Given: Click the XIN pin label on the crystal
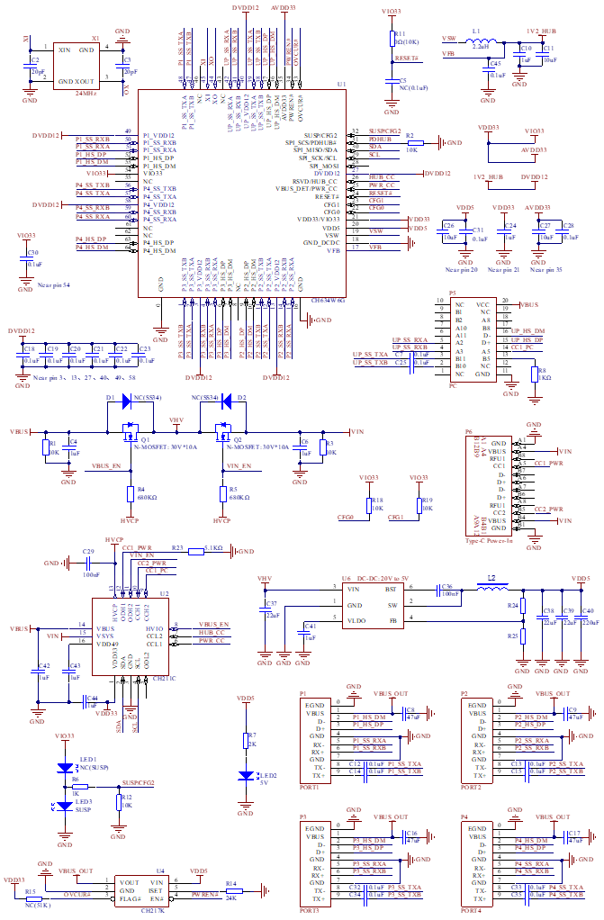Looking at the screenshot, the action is (65, 50).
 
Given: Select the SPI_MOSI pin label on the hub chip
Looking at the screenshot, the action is (324, 167).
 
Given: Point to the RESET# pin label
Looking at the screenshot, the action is (327, 197).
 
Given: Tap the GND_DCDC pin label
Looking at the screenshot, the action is (321, 243).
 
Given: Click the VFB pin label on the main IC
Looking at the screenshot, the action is (333, 251).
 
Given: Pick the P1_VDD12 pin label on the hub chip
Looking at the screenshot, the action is (158, 135).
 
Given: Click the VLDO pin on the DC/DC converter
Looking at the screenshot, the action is (356, 621).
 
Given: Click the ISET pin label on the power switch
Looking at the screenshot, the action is (156, 890).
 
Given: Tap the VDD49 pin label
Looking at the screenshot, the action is (108, 644).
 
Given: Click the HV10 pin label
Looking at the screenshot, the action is (154, 628).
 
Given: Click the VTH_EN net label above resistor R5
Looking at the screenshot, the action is (239, 465).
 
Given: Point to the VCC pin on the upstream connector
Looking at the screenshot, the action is (483, 304).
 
